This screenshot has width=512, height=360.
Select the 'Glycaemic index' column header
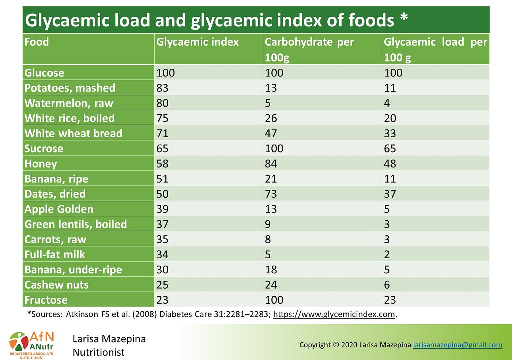pyautogui.click(x=197, y=42)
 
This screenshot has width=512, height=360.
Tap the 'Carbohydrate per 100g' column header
pyautogui.click(x=309, y=49)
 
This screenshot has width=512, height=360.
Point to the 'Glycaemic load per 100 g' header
pyautogui.click(x=435, y=49)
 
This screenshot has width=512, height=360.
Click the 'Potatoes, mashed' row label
pyautogui.click(x=70, y=88)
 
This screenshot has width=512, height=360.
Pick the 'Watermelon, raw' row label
pyautogui.click(x=69, y=103)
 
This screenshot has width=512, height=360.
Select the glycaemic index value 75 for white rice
pyautogui.click(x=162, y=119)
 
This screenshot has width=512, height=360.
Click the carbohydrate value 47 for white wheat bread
pyautogui.click(x=271, y=134)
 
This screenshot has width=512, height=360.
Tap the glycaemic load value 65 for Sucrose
pyautogui.click(x=390, y=149)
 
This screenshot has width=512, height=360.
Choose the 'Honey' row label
pyautogui.click(x=41, y=164)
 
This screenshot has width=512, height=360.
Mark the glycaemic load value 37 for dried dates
pyautogui.click(x=390, y=194)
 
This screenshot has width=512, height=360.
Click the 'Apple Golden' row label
pyautogui.click(x=59, y=209)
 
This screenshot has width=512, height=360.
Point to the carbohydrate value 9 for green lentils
pyautogui.click(x=268, y=224)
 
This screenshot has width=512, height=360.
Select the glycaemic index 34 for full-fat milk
pyautogui.click(x=162, y=255)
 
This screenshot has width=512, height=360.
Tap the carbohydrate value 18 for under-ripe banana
pyautogui.click(x=271, y=270)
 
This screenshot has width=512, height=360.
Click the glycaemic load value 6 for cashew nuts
pyautogui.click(x=387, y=285)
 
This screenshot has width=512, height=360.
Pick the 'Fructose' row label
pyautogui.click(x=46, y=300)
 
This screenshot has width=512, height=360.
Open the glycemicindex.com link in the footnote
pyautogui.click(x=334, y=314)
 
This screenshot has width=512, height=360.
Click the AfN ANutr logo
pyautogui.click(x=31, y=345)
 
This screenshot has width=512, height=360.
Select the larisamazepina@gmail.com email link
pyautogui.click(x=458, y=345)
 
